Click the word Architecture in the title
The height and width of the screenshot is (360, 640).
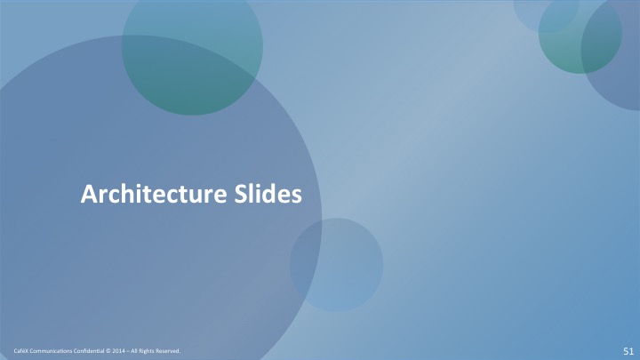tap(154, 194)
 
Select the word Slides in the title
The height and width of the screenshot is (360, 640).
tap(268, 194)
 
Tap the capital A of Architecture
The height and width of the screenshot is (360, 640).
tap(88, 194)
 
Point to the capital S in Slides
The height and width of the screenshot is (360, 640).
tap(240, 194)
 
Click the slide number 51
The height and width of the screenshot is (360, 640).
tap(628, 351)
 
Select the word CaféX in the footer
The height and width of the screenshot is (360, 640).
tap(20, 351)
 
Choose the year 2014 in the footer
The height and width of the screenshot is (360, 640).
tap(118, 351)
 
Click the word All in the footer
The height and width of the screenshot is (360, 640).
tap(134, 351)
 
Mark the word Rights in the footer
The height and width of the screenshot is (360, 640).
tap(146, 351)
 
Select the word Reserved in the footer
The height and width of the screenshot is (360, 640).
tap(168, 351)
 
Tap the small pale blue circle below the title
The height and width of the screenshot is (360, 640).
tap(336, 265)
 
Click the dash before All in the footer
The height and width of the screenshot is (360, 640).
tap(128, 351)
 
